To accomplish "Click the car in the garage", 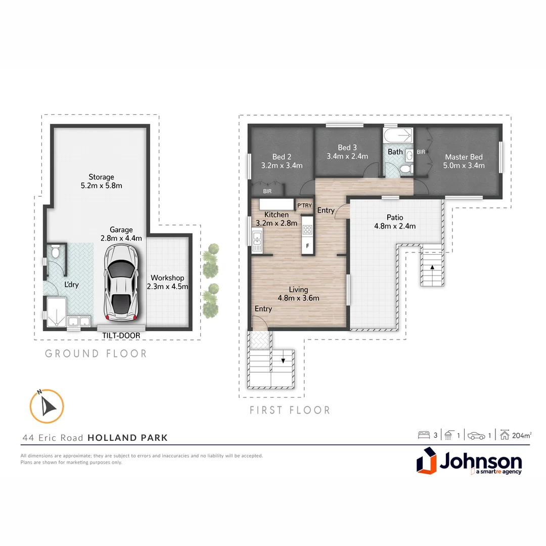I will pyautogui.click(x=121, y=283).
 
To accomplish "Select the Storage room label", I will pyautogui.click(x=101, y=177).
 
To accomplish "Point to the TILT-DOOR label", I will pyautogui.click(x=121, y=335).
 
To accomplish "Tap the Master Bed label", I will pyautogui.click(x=464, y=157).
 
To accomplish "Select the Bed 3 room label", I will pyautogui.click(x=347, y=148).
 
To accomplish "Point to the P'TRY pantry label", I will pyautogui.click(x=304, y=205).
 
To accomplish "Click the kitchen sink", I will pyautogui.click(x=257, y=240).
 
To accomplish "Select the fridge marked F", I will pyautogui.click(x=307, y=246).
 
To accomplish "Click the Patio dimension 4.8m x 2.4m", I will pyautogui.click(x=394, y=226).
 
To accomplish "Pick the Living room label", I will pyautogui.click(x=298, y=289).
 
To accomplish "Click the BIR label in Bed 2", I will pyautogui.click(x=267, y=192).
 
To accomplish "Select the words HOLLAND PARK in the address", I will pyautogui.click(x=127, y=438).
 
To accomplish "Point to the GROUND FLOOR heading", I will pyautogui.click(x=96, y=353).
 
